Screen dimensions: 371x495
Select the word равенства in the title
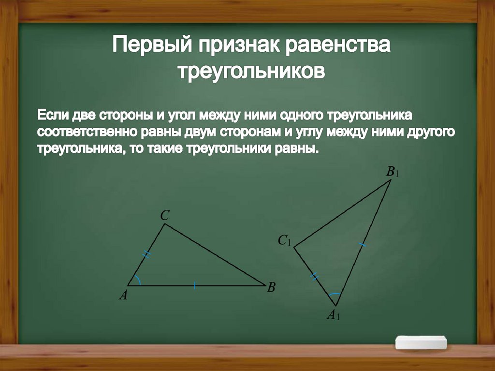coord(337,47)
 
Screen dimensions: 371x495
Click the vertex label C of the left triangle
coord(164,216)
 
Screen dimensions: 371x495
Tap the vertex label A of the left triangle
coord(123,295)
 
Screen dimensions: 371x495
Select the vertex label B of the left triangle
coord(271,288)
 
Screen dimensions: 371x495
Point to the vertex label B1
coord(392,172)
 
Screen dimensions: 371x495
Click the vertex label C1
coord(284,240)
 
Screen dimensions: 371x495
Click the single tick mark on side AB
coord(194,285)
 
